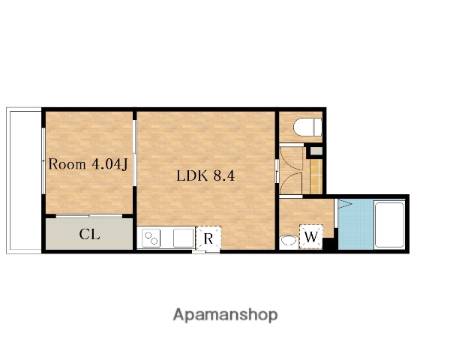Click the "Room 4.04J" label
tap(88, 164)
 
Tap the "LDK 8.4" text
tap(205, 175)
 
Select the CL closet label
tap(89, 234)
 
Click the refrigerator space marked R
tap(208, 238)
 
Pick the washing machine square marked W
tap(311, 236)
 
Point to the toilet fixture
tap(307, 127)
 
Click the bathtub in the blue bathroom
tap(389, 224)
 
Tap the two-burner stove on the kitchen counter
tap(151, 238)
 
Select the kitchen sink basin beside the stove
tap(184, 238)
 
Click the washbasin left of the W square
tap(289, 241)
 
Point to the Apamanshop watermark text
tap(225, 315)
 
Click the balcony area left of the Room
tap(24, 181)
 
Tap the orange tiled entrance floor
tap(316, 175)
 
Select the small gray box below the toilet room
tap(316, 151)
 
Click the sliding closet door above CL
tap(89, 216)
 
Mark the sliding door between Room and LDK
tap(134, 153)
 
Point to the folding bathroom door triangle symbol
tap(344, 204)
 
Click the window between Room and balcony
tap(43, 160)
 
